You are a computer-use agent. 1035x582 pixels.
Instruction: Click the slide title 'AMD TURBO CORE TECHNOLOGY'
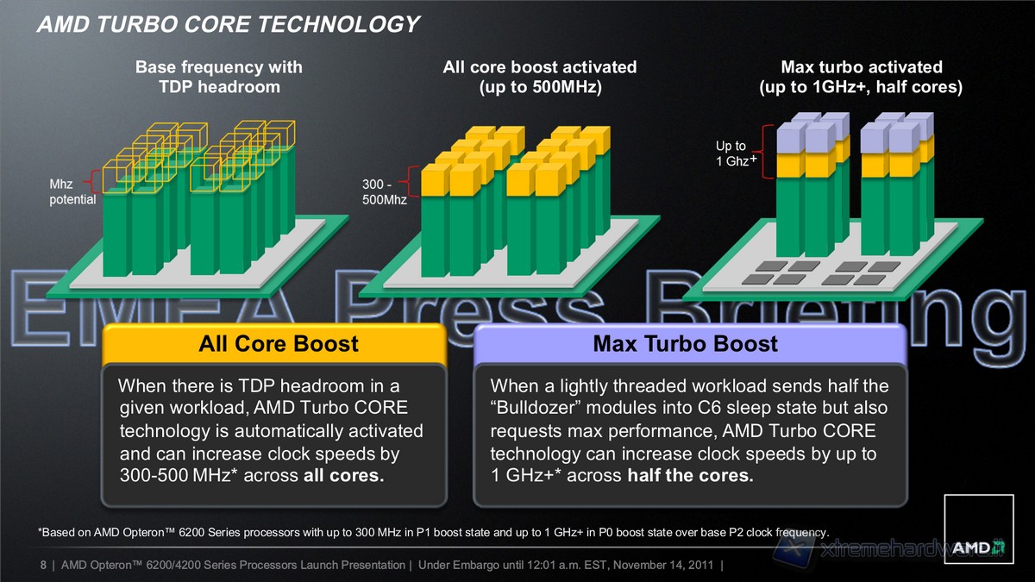228,25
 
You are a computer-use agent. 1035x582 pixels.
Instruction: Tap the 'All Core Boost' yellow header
278,344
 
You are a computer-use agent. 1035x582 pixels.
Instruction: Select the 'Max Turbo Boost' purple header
685,344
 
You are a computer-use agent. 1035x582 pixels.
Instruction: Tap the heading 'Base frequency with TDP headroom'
219,77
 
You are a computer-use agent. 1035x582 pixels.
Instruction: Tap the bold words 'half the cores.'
690,476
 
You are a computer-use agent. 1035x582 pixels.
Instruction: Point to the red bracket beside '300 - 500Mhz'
413,183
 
